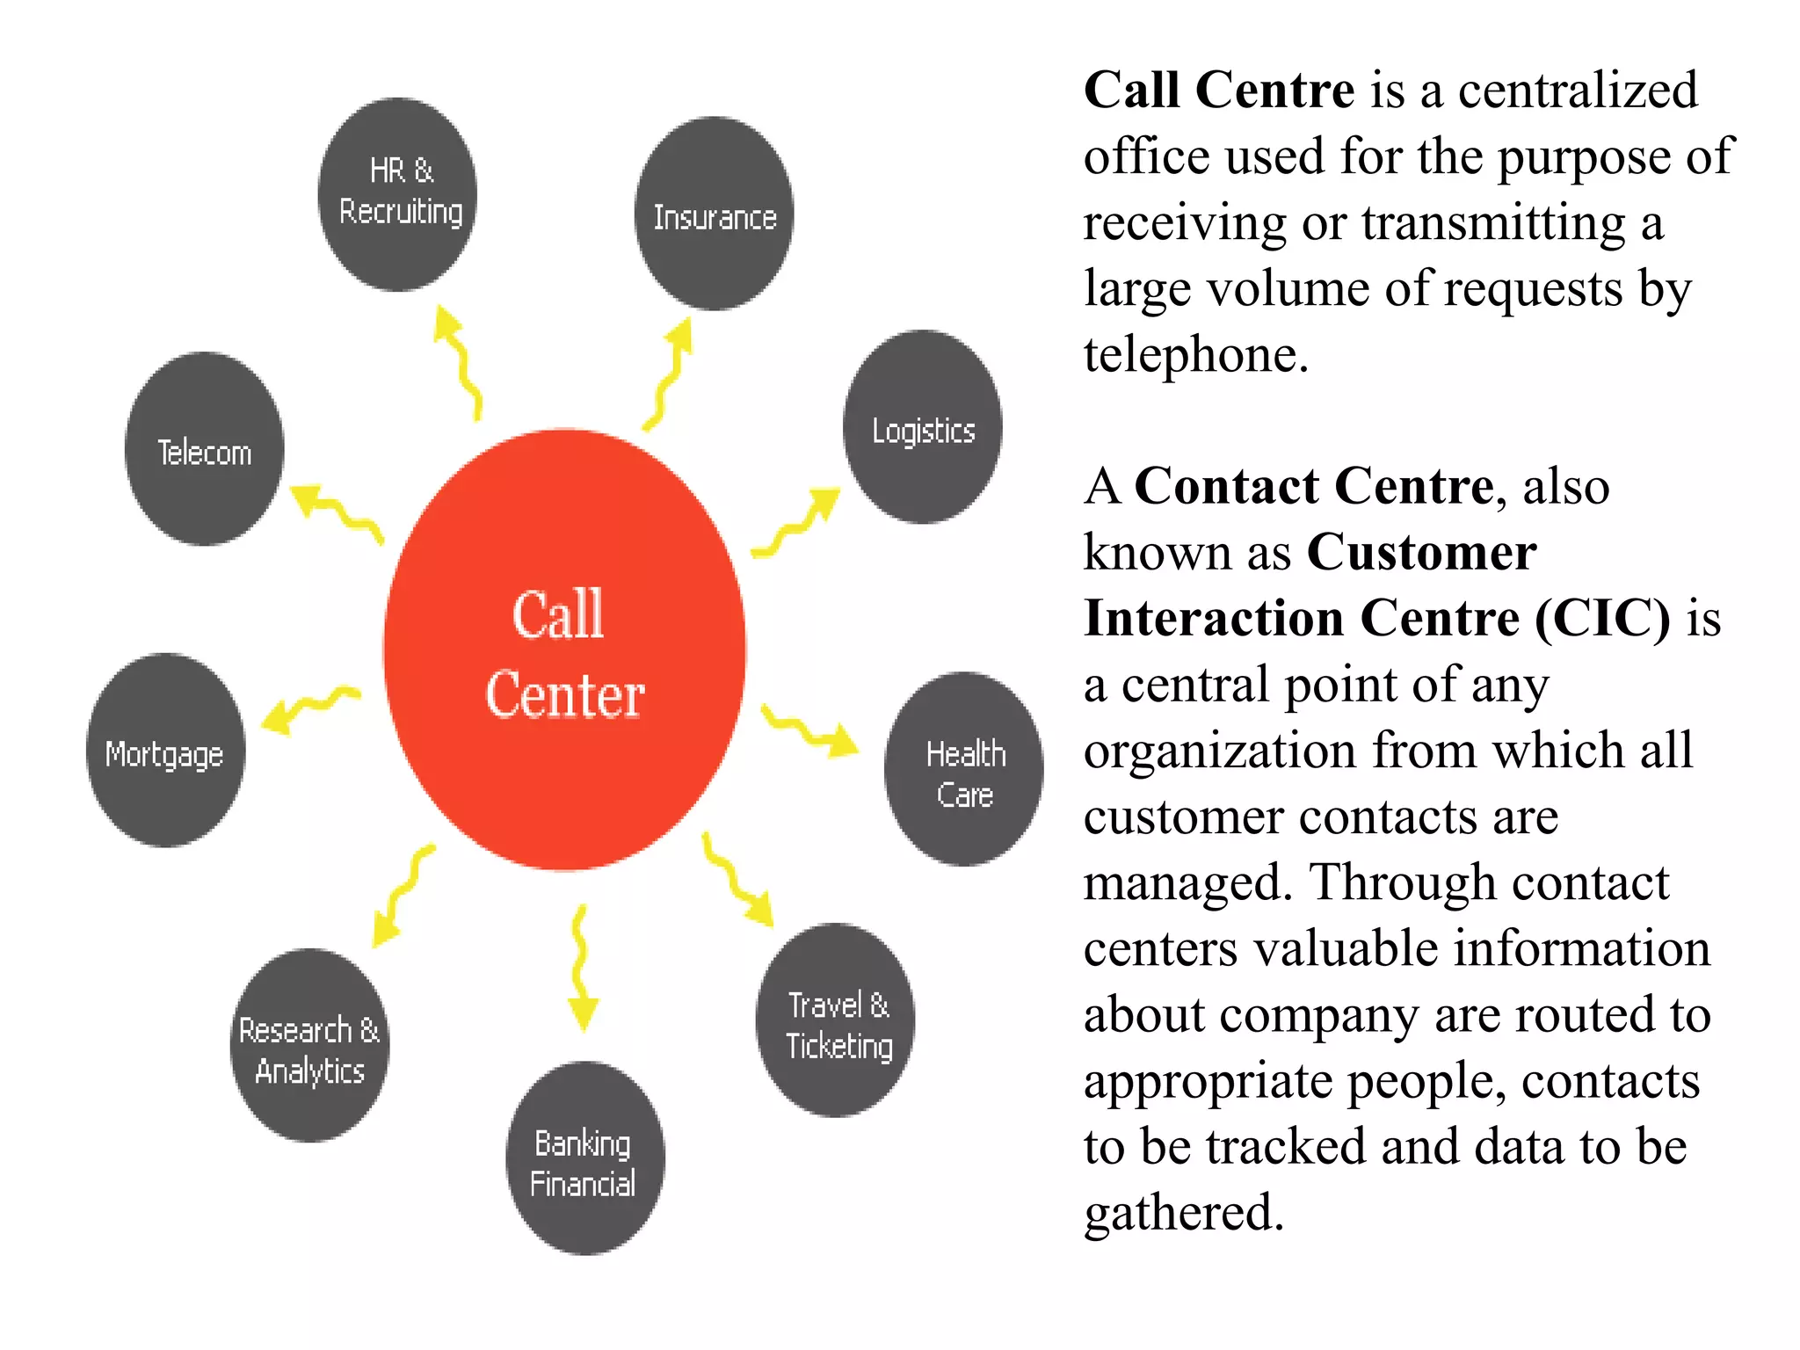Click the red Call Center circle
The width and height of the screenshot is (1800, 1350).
tap(564, 650)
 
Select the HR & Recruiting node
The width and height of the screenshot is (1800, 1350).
tap(398, 194)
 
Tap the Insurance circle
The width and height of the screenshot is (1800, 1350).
tap(714, 214)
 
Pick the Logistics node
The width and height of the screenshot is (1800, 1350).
tap(922, 427)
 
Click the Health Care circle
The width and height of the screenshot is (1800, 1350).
tap(963, 769)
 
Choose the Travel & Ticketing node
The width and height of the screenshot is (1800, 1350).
tap(835, 1020)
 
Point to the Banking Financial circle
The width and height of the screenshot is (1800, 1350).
tap(584, 1158)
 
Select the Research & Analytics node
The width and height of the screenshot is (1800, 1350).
tap(309, 1046)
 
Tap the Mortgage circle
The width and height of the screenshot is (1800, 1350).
tap(165, 750)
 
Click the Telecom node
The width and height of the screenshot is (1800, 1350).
tap(204, 449)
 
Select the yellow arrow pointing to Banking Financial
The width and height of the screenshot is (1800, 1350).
tap(580, 967)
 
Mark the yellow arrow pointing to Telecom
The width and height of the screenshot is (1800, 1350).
tap(336, 512)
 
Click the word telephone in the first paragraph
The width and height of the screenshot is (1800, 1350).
tap(1195, 355)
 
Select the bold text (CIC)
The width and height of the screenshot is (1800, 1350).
tap(1601, 618)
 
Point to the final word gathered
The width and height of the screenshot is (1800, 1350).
tap(1183, 1213)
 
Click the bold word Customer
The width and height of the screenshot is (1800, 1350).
tap(1421, 552)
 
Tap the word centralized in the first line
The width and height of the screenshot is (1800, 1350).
tap(1578, 91)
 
